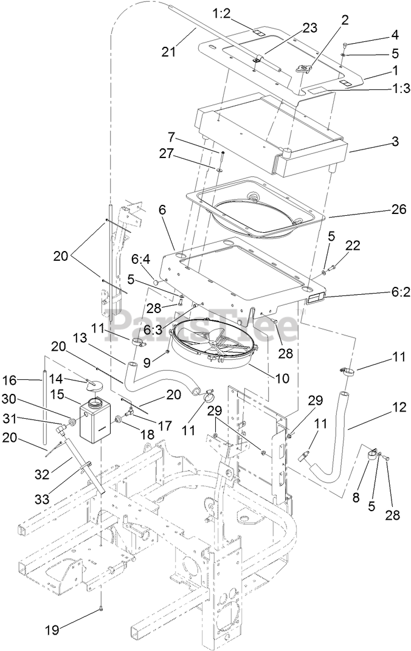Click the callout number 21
pyautogui.click(x=169, y=52)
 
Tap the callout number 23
pyautogui.click(x=309, y=28)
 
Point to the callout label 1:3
pyautogui.click(x=387, y=88)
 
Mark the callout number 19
pyautogui.click(x=52, y=630)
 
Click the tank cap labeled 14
pyautogui.click(x=94, y=385)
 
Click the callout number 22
pyautogui.click(x=353, y=246)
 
